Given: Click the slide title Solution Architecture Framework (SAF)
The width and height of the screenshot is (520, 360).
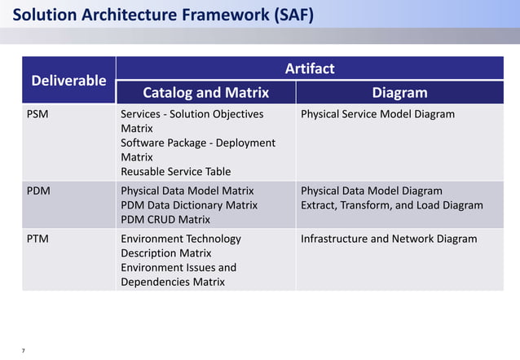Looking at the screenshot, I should (x=163, y=15).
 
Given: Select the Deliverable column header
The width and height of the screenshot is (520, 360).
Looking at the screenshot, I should (x=68, y=80).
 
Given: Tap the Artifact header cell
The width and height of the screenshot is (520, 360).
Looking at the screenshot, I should (x=310, y=68).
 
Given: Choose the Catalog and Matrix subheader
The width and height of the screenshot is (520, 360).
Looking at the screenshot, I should (x=205, y=92).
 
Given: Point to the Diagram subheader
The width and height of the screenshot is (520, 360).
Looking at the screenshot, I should (x=399, y=92).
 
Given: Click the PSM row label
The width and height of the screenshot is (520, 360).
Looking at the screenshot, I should (x=37, y=114).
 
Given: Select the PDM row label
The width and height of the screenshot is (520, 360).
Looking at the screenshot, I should (x=38, y=191).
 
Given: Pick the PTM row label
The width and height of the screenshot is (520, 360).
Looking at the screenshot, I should (x=38, y=239).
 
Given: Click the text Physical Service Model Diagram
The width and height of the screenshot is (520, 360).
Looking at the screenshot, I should (x=377, y=114).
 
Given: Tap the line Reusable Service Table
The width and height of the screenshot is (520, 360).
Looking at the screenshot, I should (x=175, y=171).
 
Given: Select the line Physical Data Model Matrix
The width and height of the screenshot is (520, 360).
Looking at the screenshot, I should (x=187, y=191).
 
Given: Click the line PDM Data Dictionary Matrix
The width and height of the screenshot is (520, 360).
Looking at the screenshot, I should (x=189, y=205).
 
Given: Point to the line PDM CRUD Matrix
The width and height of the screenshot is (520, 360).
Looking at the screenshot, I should (x=165, y=219).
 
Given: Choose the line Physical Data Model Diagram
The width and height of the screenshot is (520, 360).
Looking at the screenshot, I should (x=372, y=191).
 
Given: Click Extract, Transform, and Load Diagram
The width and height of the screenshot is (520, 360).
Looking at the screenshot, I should (x=392, y=205).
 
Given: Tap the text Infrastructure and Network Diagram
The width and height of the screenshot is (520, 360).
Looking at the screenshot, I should (x=389, y=239).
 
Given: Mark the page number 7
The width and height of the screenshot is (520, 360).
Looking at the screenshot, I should (x=23, y=350).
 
